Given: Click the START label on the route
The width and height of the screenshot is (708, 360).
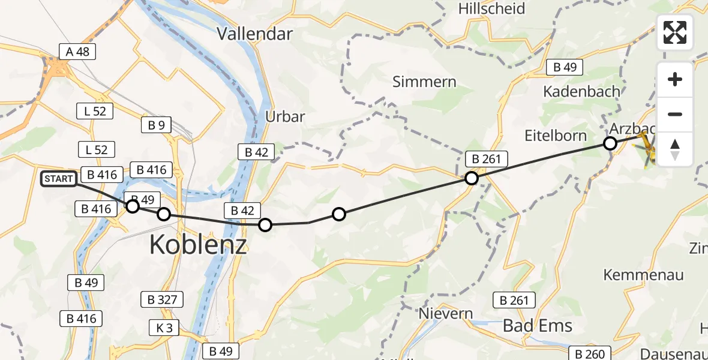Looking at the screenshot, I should [x=59, y=179].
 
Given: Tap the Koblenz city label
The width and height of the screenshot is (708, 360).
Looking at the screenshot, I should [x=197, y=244].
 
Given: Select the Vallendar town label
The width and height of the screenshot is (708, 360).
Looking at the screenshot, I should [x=254, y=33].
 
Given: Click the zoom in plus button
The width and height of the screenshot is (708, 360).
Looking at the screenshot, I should [x=675, y=80].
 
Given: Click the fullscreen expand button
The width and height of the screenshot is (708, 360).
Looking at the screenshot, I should [x=675, y=32].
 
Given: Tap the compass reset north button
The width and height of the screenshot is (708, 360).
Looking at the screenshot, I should [x=675, y=149].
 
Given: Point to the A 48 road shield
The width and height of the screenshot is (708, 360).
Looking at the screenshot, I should [x=78, y=52].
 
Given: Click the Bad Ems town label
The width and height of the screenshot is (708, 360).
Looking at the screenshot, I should [x=537, y=326].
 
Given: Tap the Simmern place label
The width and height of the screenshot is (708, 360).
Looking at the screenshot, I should [x=424, y=82].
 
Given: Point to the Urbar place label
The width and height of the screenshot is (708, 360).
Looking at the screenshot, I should [x=286, y=116].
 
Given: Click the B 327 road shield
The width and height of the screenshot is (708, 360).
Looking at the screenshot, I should [x=161, y=299].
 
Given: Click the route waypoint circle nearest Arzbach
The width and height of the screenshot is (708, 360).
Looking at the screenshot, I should [x=610, y=143].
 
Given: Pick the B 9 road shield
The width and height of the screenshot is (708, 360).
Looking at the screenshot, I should [x=156, y=125].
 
